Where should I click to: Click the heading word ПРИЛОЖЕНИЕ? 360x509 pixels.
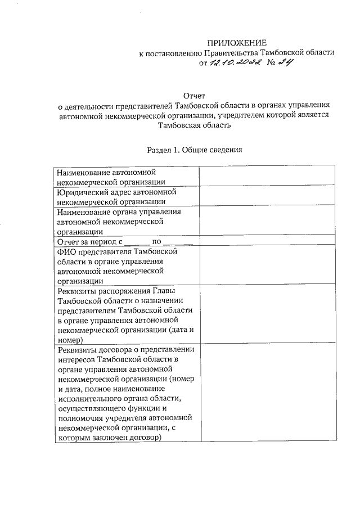click(236, 43)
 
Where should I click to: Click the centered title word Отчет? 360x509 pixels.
click(195, 96)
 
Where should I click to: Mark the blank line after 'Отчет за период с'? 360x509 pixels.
click(136, 242)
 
